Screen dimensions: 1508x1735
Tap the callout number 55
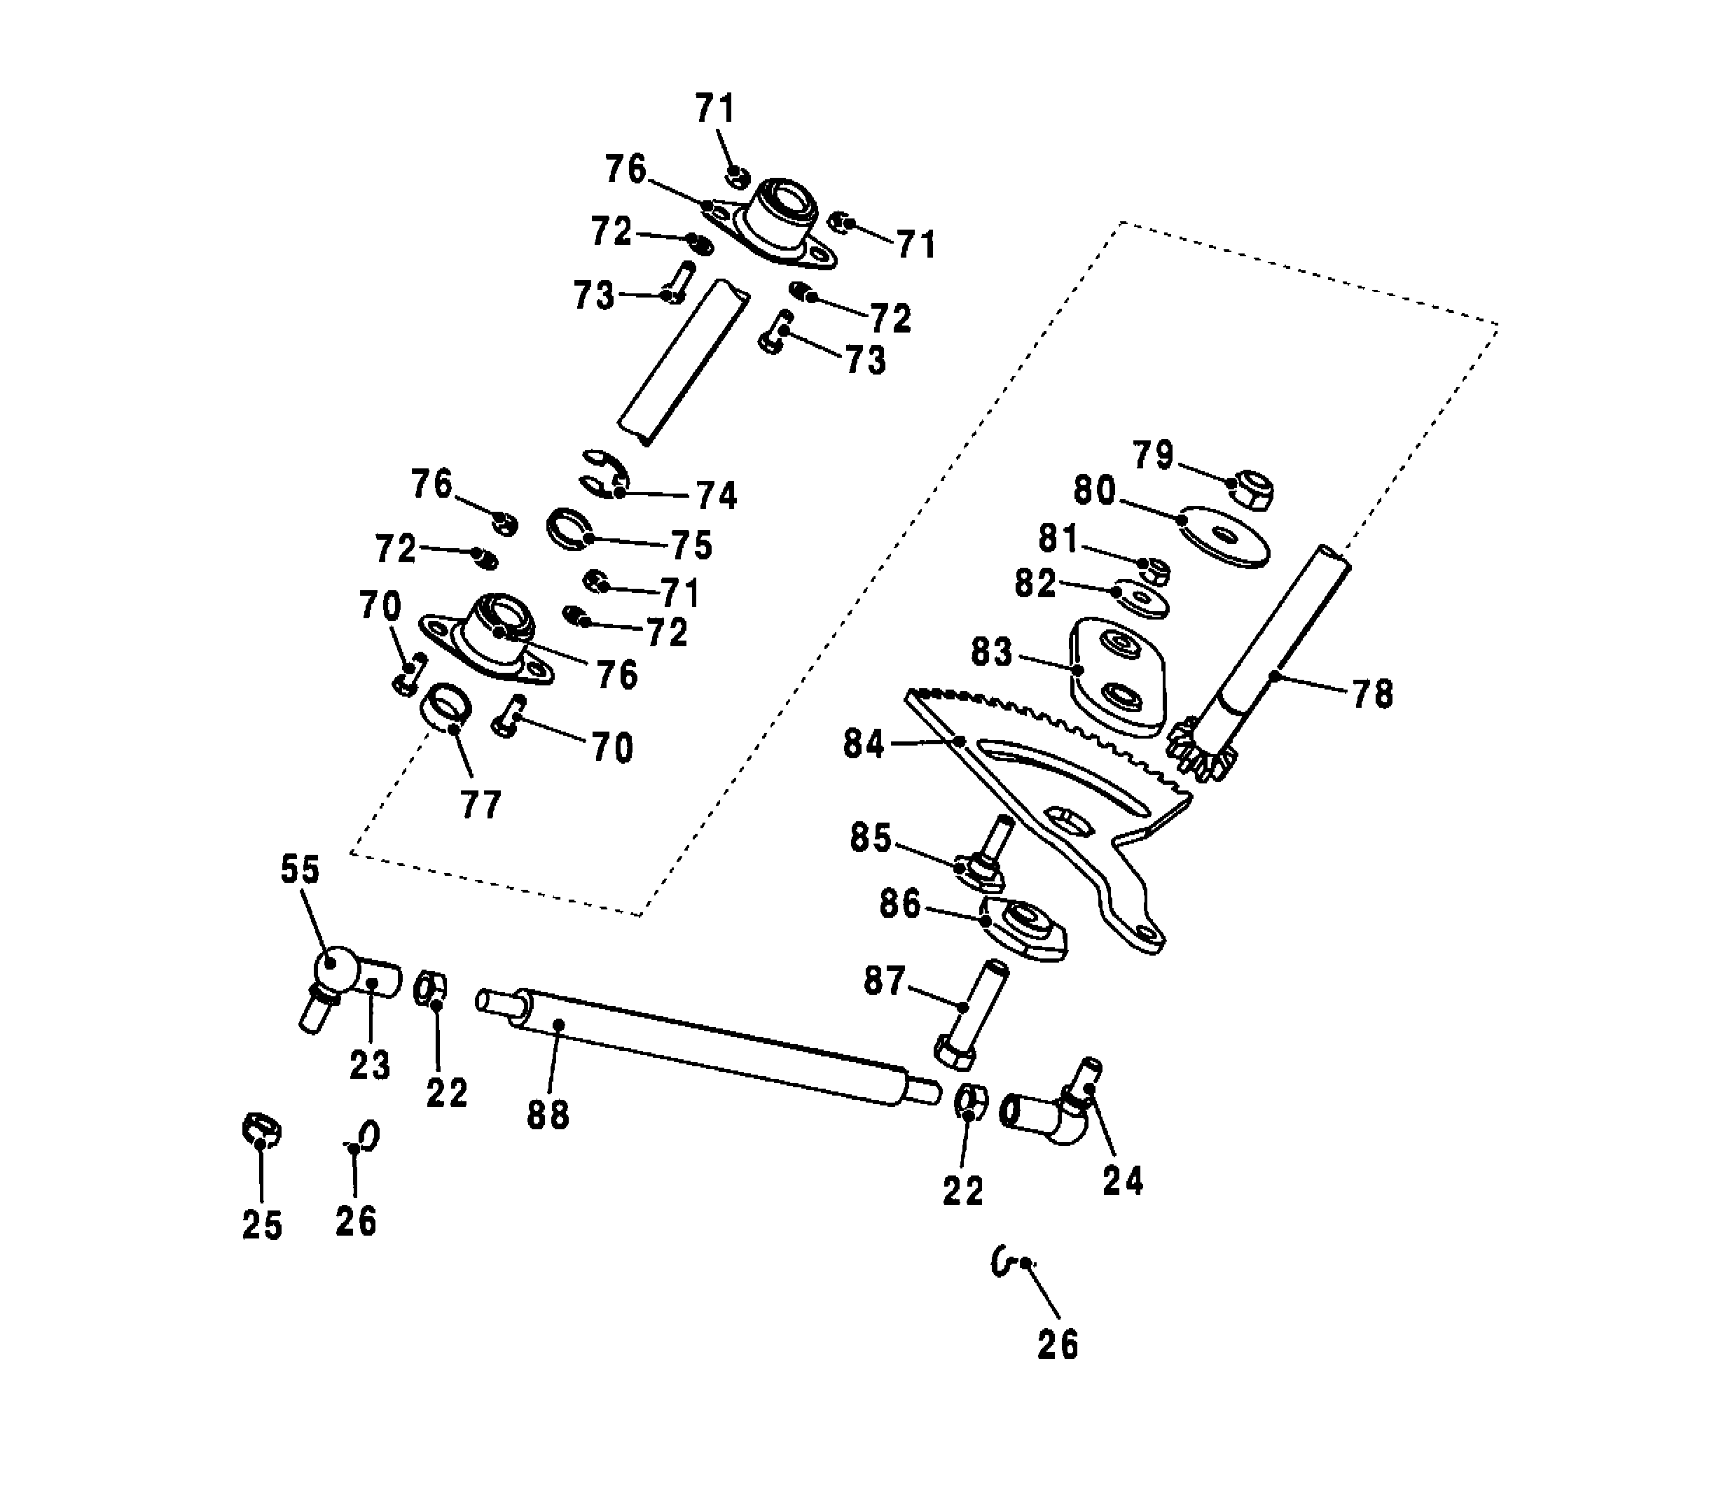click(300, 870)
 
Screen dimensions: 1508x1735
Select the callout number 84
click(864, 744)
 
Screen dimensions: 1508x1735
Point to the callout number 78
click(1373, 694)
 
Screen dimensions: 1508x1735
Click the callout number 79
click(1154, 455)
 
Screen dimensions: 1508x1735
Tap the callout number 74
click(717, 496)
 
